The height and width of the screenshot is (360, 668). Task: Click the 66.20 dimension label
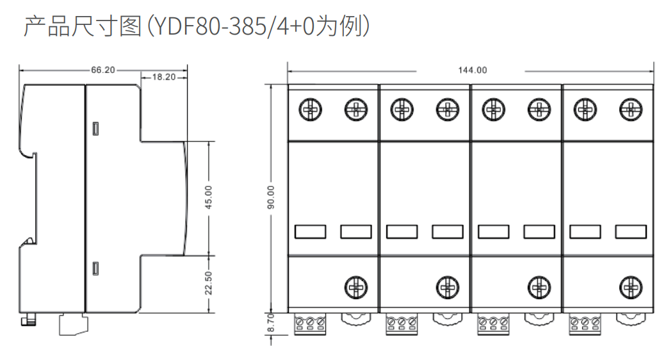103,70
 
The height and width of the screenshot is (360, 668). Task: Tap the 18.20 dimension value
163,77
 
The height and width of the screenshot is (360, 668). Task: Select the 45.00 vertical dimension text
208,197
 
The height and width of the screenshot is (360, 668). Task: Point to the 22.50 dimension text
208,283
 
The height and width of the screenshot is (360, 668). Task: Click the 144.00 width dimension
473,70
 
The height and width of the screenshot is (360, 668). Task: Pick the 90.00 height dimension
271,197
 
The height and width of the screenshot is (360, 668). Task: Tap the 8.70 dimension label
271,323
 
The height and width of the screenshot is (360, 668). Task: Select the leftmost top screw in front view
310,110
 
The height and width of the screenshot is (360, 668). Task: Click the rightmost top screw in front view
631,110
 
